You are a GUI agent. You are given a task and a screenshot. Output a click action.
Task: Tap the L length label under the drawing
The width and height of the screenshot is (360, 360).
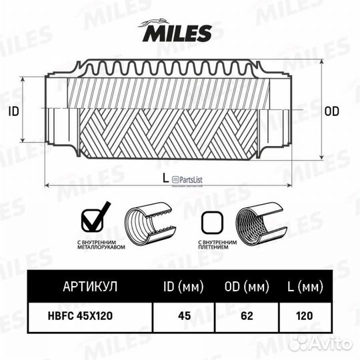point(165,177)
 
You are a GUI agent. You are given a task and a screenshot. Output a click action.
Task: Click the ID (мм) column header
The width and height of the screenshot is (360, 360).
point(183,287)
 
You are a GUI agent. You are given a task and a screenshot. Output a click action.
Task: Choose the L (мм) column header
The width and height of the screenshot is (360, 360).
point(305,287)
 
